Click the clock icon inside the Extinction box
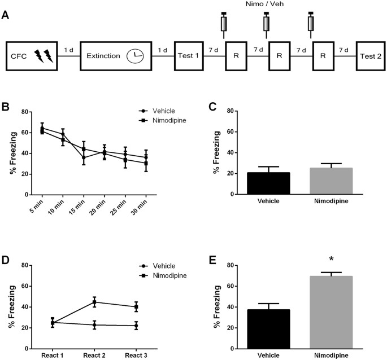135,56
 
